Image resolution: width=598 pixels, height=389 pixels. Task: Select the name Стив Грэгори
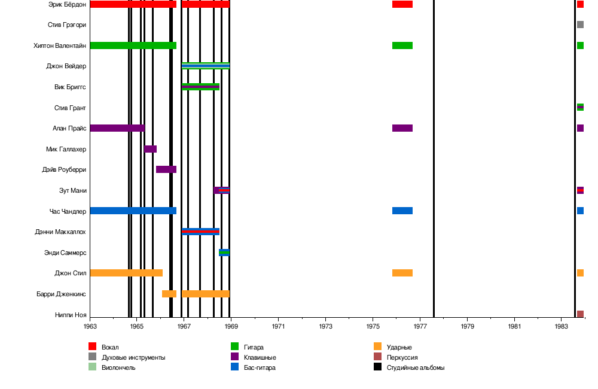[x=66, y=25]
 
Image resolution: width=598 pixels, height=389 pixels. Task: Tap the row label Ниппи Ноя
[x=71, y=315]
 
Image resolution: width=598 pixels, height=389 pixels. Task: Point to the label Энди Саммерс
[x=65, y=253]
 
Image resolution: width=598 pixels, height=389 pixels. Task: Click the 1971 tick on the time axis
[x=279, y=326]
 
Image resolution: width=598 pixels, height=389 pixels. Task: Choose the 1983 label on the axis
[x=562, y=326]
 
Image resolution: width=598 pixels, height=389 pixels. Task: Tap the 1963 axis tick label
[x=90, y=326]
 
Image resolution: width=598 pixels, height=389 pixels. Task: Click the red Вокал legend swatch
[x=93, y=347]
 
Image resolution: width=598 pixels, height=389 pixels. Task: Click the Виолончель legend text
[x=118, y=367]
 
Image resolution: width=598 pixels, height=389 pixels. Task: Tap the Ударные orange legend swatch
[x=377, y=347]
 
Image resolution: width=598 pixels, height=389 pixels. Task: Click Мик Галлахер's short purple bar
[x=151, y=149]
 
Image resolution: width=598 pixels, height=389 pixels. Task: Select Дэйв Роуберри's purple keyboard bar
[x=166, y=169]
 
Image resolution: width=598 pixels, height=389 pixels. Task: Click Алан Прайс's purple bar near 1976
[x=402, y=128]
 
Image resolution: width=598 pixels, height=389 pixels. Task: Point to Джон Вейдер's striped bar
[x=206, y=66]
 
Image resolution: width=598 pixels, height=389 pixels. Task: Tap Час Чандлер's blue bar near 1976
[x=402, y=211]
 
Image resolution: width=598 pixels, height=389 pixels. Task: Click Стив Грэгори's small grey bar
[x=580, y=25]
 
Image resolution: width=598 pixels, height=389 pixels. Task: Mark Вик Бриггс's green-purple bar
[x=200, y=87]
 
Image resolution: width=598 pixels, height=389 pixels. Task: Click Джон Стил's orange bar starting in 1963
[x=126, y=273]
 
